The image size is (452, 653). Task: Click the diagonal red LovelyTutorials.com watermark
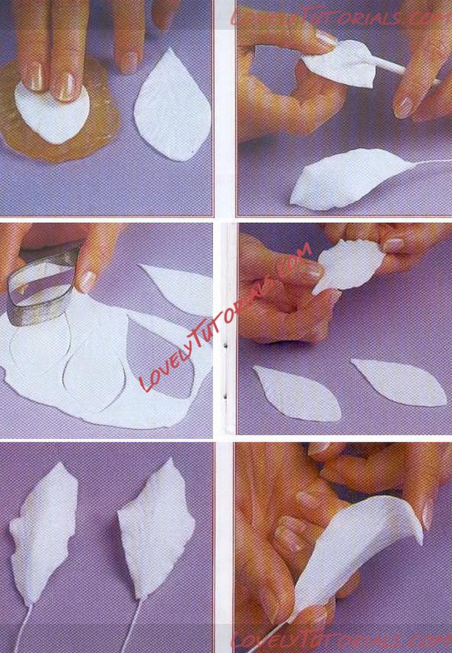click(x=225, y=317)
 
